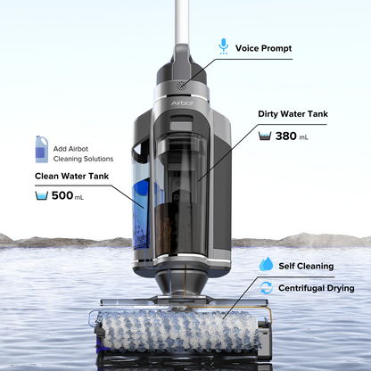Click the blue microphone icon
coord(224,45)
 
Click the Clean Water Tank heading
coord(72,176)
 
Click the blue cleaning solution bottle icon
coord(41,147)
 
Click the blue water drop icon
coord(266,266)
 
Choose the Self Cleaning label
coord(306,266)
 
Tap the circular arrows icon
coord(266,288)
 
